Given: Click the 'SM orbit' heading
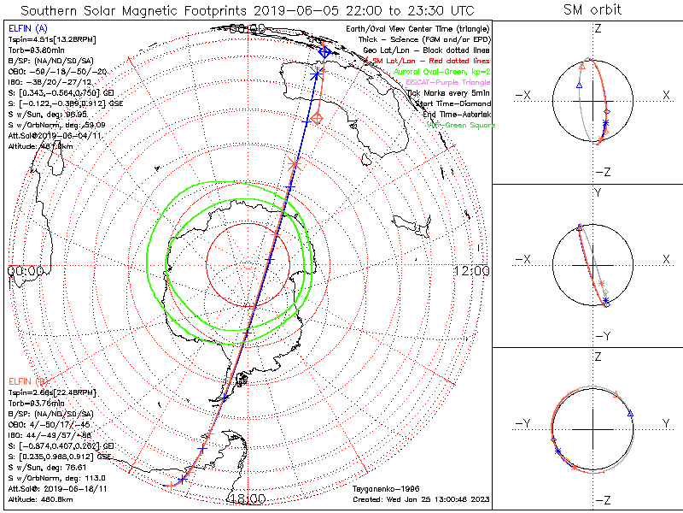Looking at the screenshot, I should point(593,10).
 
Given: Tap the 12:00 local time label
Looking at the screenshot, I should point(472,271).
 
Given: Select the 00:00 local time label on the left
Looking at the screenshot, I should point(26,271).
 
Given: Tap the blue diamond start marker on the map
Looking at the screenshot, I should point(324,52).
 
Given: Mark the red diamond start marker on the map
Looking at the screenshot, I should point(317,118).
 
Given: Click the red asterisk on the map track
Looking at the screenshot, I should point(295,162).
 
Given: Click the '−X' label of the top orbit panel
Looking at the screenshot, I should point(524,95).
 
